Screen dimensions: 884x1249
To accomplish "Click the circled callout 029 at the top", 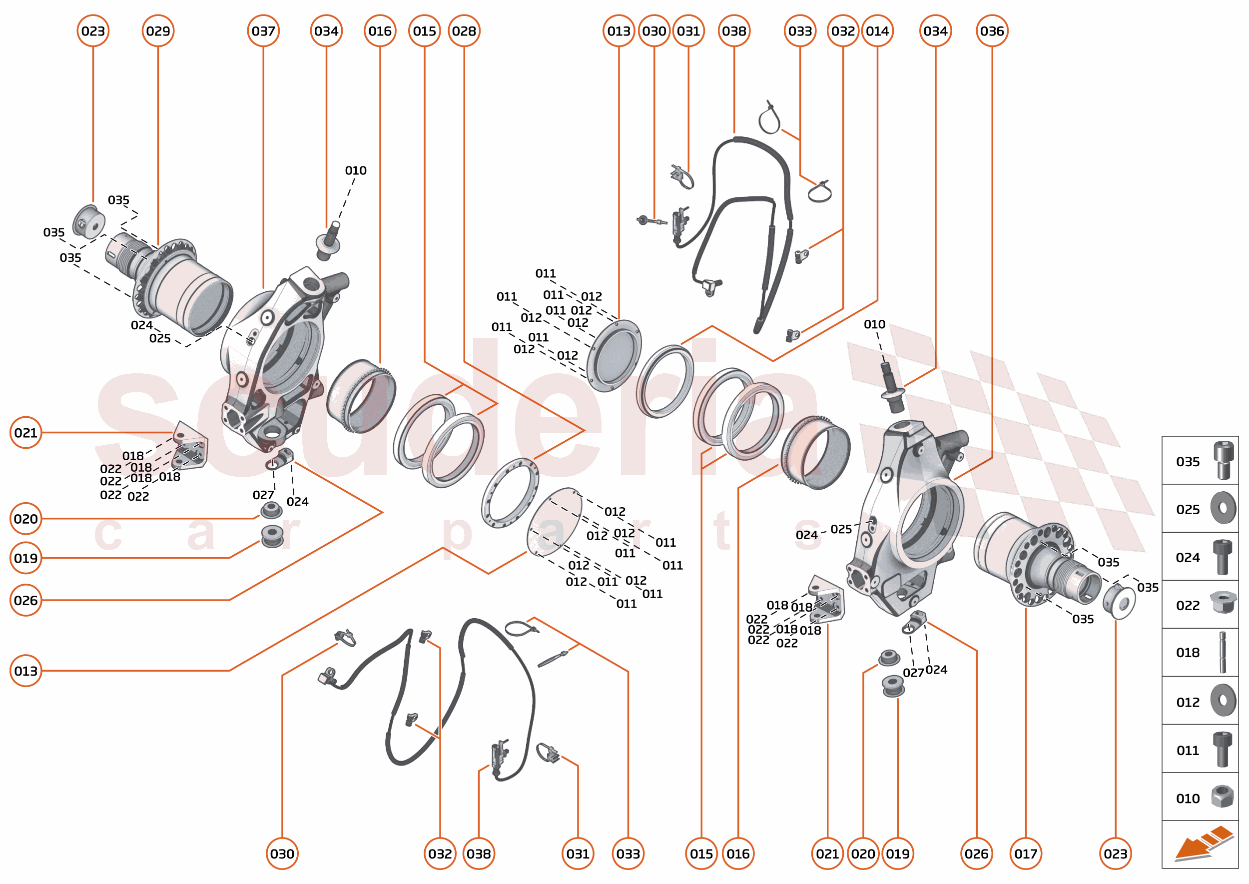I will click(158, 31).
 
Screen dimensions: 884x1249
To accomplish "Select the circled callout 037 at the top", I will click(263, 31).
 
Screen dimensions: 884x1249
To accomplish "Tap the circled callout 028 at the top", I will click(464, 31).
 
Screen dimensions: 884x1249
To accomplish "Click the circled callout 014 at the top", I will click(877, 31).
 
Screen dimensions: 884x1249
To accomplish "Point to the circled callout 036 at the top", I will click(992, 31).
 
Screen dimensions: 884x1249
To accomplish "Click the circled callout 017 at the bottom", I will click(1026, 854).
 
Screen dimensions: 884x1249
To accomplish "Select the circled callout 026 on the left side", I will click(25, 600).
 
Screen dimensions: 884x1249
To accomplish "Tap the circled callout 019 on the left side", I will click(25, 558).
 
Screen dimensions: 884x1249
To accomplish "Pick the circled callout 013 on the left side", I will click(25, 671).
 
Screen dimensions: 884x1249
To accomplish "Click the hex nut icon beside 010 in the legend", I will click(1223, 798).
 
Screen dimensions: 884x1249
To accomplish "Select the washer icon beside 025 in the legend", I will click(1223, 508).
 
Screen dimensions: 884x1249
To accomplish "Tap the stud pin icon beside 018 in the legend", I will click(1223, 652).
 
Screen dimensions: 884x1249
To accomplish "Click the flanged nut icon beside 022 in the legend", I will click(1223, 603).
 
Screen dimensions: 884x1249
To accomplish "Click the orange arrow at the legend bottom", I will click(1203, 844).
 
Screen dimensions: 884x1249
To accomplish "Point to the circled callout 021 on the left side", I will click(25, 433).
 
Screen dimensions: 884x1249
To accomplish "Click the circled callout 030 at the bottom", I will click(282, 854).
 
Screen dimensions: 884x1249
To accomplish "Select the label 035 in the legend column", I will click(1188, 462).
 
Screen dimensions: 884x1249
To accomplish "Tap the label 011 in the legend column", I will click(1188, 751).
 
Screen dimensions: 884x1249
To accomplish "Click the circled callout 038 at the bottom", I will click(479, 854).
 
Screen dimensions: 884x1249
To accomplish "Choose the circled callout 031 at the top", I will click(688, 31).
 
